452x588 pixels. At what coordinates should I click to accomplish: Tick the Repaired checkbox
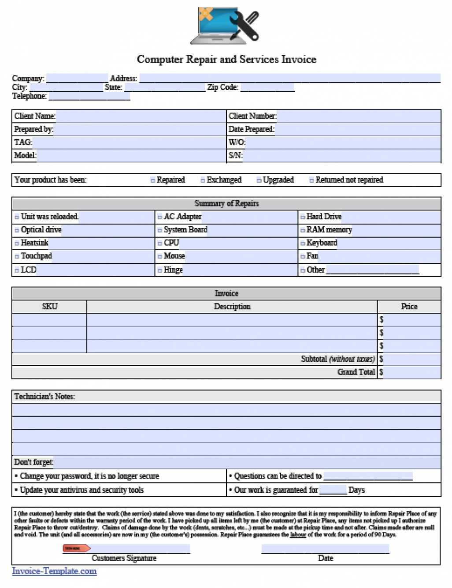pos(153,180)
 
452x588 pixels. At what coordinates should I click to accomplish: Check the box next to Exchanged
pos(203,180)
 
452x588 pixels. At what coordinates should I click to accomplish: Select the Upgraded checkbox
pos(259,180)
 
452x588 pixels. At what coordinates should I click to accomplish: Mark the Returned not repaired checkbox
pos(311,180)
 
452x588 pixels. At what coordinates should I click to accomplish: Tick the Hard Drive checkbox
pos(303,217)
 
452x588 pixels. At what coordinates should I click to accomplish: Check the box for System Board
pos(160,230)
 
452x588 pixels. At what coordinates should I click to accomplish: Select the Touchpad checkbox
pos(17,257)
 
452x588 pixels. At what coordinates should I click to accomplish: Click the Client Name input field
pos(140,116)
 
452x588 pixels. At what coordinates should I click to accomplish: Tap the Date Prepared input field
pos(357,130)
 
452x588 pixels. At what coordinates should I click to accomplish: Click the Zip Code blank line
pos(267,87)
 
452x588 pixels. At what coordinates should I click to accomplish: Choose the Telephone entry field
pos(89,96)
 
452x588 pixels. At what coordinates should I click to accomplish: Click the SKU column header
pos(49,307)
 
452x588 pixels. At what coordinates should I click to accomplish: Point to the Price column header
pos(409,307)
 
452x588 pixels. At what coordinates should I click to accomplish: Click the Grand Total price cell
pos(411,372)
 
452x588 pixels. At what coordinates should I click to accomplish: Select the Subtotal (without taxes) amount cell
pos(411,359)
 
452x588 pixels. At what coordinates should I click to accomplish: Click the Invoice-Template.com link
pos(54,571)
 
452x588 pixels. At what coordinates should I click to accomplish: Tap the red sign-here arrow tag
pos(76,548)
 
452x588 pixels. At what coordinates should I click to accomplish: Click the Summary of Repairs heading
pos(226,204)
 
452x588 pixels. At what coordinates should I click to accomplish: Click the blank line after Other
pos(372,270)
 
